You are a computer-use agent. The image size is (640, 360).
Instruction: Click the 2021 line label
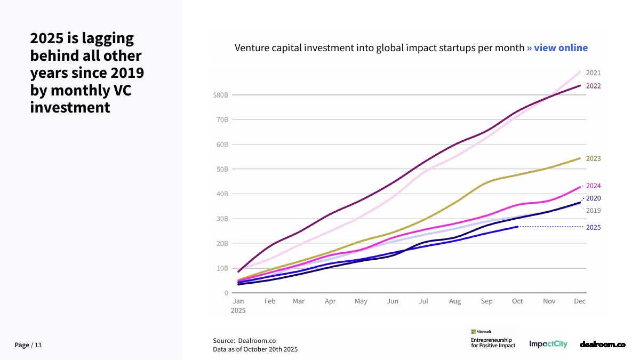pyautogui.click(x=593, y=73)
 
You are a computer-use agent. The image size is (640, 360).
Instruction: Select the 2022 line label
pyautogui.click(x=593, y=86)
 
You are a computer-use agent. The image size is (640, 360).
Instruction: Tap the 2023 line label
pyautogui.click(x=593, y=158)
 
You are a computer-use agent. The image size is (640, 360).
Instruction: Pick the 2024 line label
pyautogui.click(x=593, y=186)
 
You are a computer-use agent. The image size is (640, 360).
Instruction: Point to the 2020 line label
pyautogui.click(x=593, y=198)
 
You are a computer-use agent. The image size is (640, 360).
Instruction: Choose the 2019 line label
pyautogui.click(x=593, y=211)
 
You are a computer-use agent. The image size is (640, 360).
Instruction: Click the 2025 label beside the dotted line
pyautogui.click(x=593, y=227)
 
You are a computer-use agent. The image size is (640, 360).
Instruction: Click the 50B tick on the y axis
pyautogui.click(x=222, y=170)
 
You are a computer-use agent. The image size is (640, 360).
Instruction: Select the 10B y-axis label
pyautogui.click(x=222, y=268)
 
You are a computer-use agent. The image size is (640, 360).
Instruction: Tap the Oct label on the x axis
pyautogui.click(x=517, y=301)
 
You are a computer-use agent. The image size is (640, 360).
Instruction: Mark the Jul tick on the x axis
pyautogui.click(x=423, y=301)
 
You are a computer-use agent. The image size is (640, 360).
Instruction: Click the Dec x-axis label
pyautogui.click(x=580, y=301)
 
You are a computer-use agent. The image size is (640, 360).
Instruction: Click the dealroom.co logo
pyautogui.click(x=603, y=345)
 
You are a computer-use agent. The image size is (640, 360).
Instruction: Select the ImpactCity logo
pyautogui.click(x=548, y=345)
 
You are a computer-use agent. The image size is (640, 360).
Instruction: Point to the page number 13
pyautogui.click(x=38, y=346)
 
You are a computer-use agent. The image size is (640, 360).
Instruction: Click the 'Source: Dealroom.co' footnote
pyautogui.click(x=244, y=341)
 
